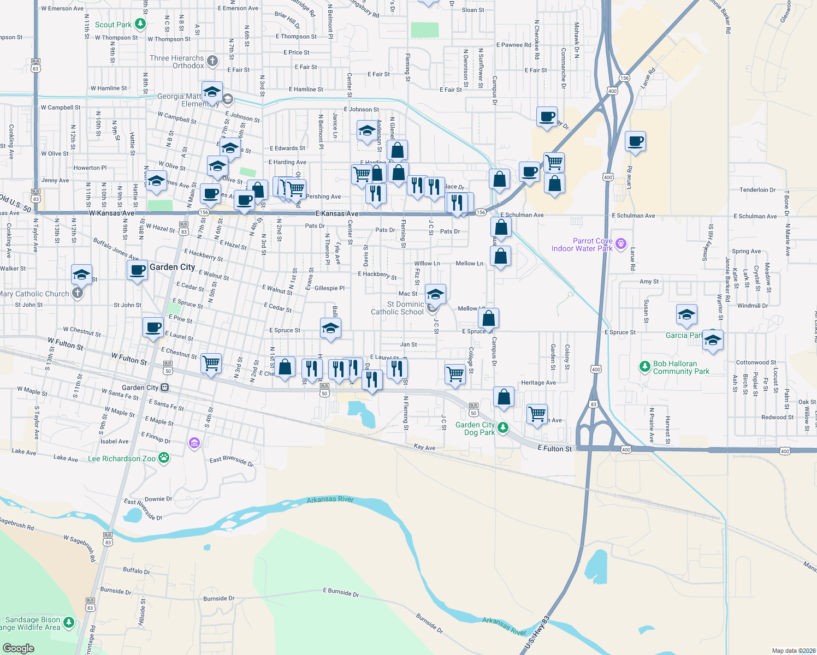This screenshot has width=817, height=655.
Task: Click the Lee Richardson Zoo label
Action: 122,458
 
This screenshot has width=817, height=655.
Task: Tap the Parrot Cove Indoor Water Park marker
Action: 620,243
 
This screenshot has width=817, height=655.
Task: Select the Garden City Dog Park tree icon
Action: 503,427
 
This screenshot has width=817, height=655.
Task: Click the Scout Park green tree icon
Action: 140,23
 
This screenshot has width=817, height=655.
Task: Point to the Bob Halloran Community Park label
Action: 680,367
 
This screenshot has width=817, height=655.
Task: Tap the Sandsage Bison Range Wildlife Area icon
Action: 68,622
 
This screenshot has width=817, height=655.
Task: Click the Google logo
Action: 18,648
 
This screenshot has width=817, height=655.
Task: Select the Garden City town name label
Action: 172,267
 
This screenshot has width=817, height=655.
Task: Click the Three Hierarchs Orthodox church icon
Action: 212,61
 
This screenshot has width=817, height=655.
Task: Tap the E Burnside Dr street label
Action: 341,592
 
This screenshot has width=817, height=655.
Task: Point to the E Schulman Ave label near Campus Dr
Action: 522,215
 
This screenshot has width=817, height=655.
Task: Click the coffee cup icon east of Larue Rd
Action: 636,141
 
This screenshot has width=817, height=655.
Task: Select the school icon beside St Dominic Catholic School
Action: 435,295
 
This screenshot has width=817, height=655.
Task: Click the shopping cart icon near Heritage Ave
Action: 537,413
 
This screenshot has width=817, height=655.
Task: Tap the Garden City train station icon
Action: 164,388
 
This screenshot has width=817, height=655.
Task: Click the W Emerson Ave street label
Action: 62,9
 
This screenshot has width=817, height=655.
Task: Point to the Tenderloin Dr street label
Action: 757,190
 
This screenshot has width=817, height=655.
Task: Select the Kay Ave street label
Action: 424,447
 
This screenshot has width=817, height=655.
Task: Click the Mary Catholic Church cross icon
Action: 78,293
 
